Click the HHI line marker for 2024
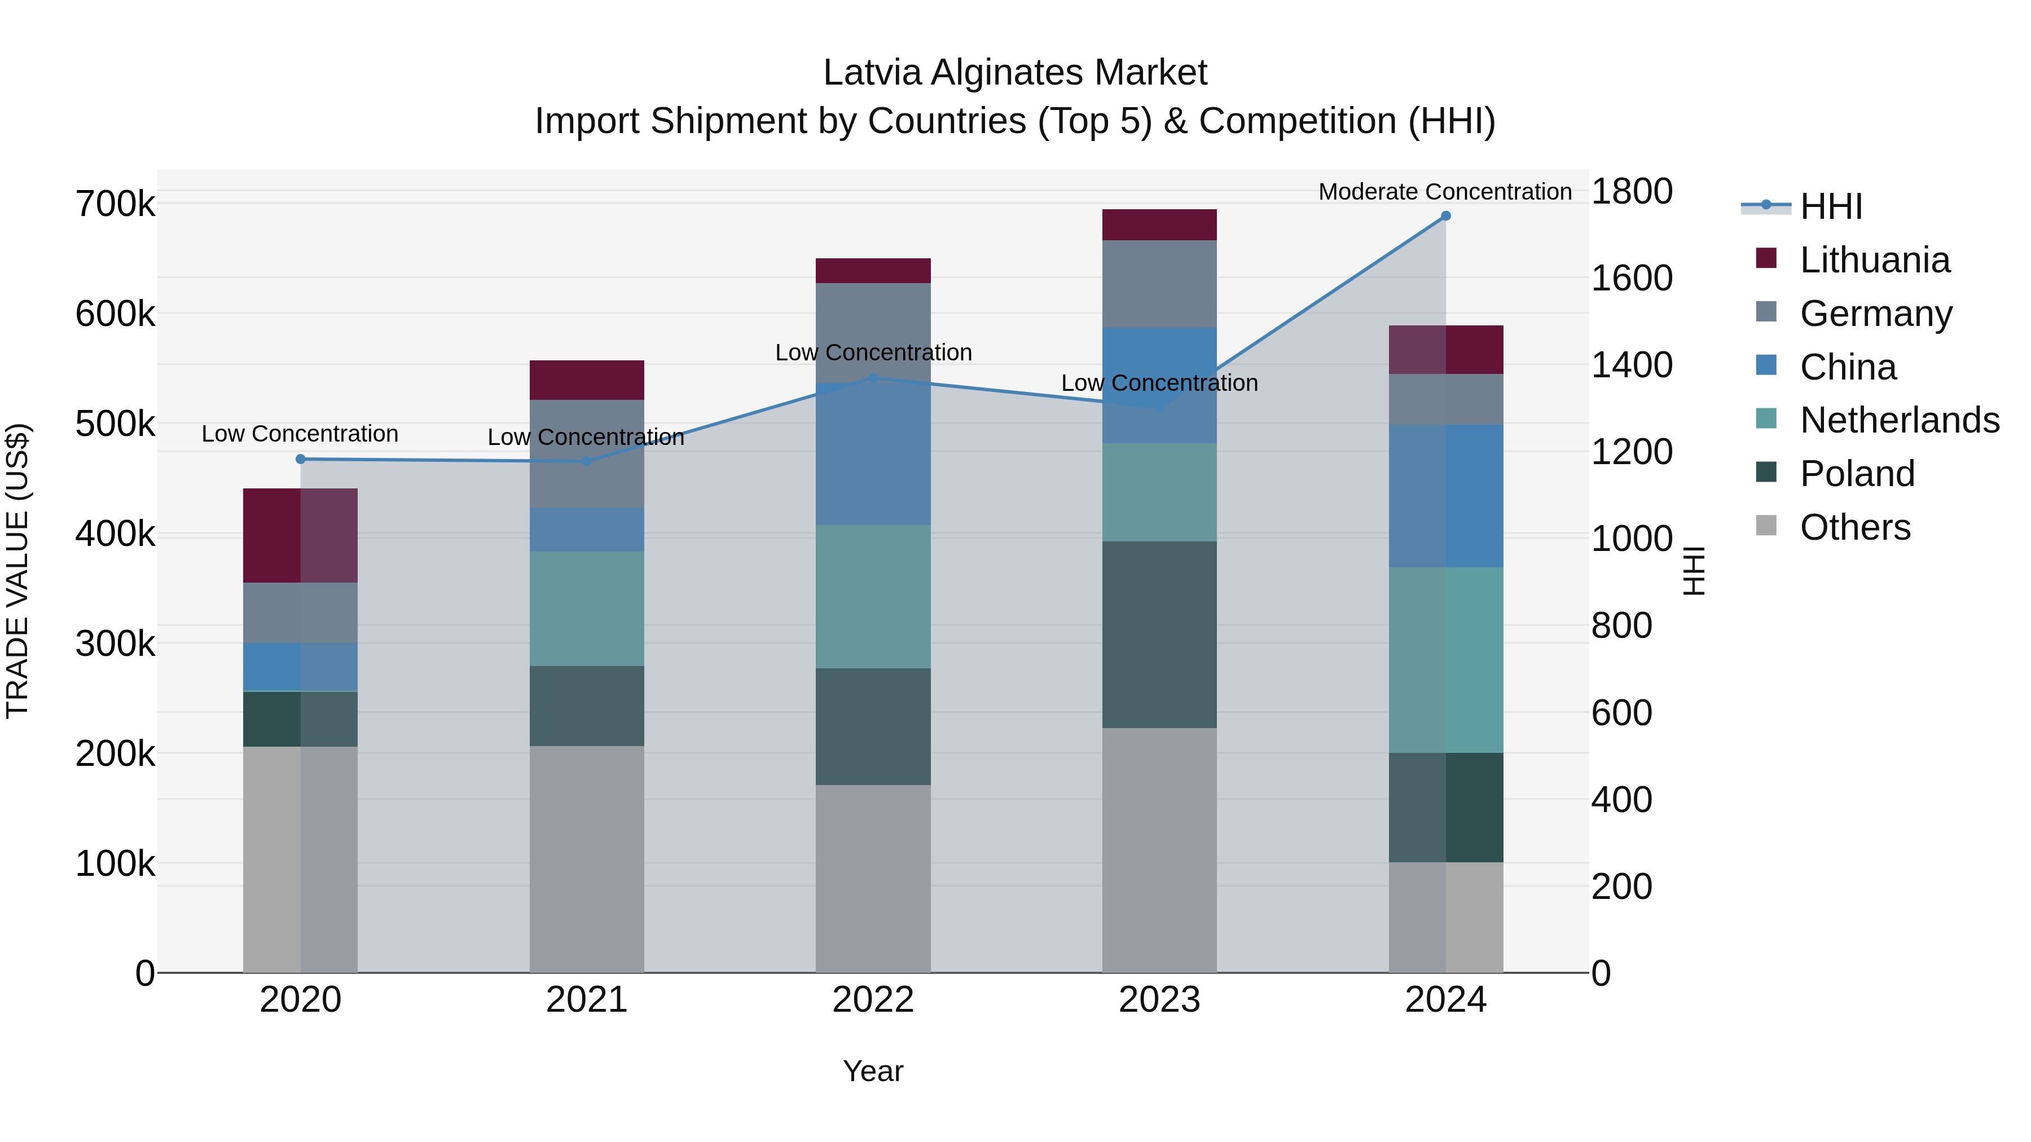pyautogui.click(x=1445, y=216)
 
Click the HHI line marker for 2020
pyautogui.click(x=300, y=458)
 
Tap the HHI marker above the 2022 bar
pyautogui.click(x=873, y=378)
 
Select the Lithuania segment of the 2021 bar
pyautogui.click(x=587, y=380)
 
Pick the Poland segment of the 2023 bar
pyautogui.click(x=1159, y=634)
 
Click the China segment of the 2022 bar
pyautogui.click(x=873, y=454)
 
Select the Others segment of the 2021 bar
pyautogui.click(x=587, y=859)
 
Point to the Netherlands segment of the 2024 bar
pyautogui.click(x=1445, y=660)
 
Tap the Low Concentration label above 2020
pyautogui.click(x=300, y=434)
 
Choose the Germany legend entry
pyautogui.click(x=1876, y=314)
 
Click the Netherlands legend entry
pyautogui.click(x=1900, y=420)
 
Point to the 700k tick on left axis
pyautogui.click(x=115, y=204)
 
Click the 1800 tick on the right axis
pyautogui.click(x=1631, y=192)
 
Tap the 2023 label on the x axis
pyautogui.click(x=1159, y=1000)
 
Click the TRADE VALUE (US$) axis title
pyautogui.click(x=17, y=571)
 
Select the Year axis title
pyautogui.click(x=873, y=1071)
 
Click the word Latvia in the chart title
pyautogui.click(x=872, y=73)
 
